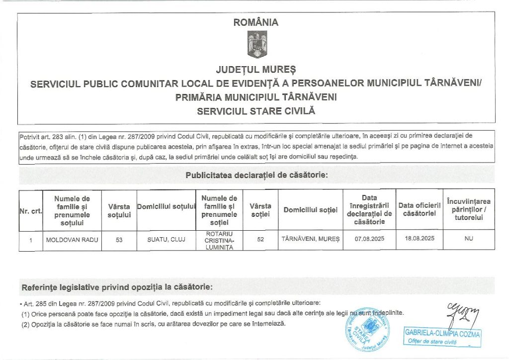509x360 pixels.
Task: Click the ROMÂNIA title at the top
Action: pyautogui.click(x=256, y=22)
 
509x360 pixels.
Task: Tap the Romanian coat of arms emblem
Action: pyautogui.click(x=256, y=44)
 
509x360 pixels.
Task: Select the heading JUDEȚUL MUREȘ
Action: pyautogui.click(x=256, y=69)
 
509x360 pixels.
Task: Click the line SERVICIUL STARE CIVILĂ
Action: pyautogui.click(x=256, y=111)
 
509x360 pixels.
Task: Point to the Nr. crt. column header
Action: pyautogui.click(x=30, y=211)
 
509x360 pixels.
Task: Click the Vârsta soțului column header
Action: pyautogui.click(x=119, y=211)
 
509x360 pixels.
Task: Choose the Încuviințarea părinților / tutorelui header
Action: pyautogui.click(x=469, y=210)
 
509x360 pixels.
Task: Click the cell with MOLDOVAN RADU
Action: pyautogui.click(x=72, y=240)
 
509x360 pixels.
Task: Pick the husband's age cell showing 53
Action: pyautogui.click(x=119, y=240)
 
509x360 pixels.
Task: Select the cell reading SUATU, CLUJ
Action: pyautogui.click(x=166, y=240)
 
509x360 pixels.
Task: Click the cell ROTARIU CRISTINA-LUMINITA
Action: pyautogui.click(x=219, y=240)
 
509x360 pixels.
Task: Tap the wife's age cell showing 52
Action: pyautogui.click(x=260, y=240)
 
